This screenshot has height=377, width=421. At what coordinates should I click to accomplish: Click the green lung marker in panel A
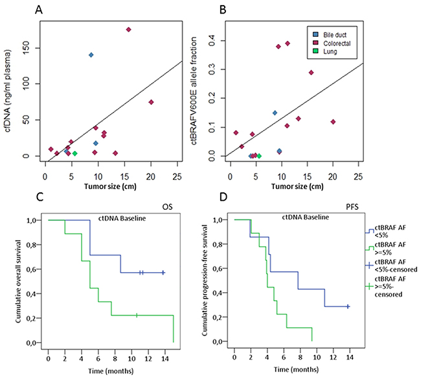tap(74, 154)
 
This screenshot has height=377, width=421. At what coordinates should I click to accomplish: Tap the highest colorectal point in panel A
tap(128, 30)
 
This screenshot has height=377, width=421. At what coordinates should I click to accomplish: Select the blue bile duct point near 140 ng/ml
tap(91, 55)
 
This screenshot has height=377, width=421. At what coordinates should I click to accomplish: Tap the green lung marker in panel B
tap(259, 156)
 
